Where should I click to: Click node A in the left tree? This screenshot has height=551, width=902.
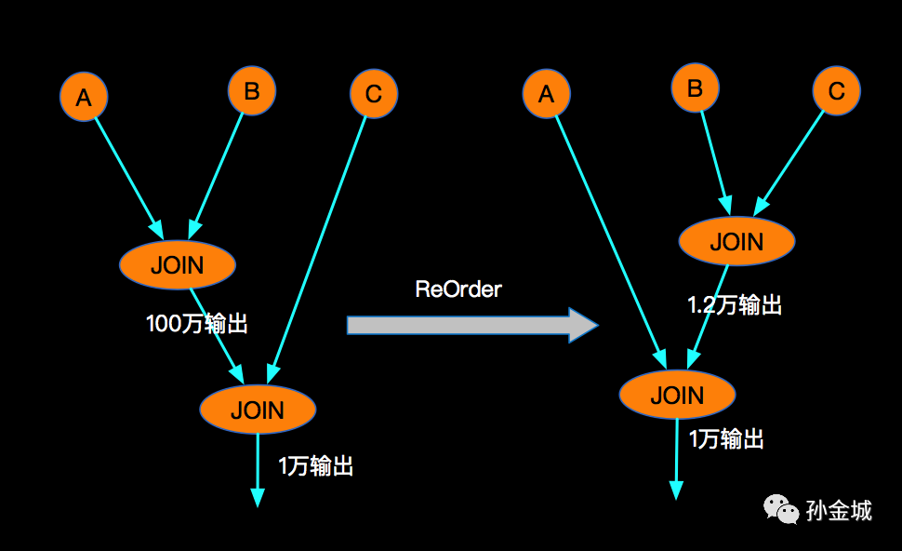click(x=84, y=97)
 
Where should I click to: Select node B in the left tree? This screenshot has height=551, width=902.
click(x=252, y=91)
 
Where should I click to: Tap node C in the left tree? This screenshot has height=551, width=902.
click(x=374, y=93)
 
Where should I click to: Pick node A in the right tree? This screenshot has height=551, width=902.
click(x=547, y=93)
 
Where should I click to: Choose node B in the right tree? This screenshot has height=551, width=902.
click(x=695, y=87)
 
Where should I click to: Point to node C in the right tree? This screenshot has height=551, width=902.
click(x=836, y=90)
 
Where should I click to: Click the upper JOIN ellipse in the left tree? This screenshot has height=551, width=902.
click(x=178, y=265)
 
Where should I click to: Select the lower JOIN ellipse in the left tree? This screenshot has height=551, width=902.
click(x=258, y=410)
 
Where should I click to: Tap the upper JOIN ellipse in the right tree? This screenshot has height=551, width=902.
click(x=736, y=241)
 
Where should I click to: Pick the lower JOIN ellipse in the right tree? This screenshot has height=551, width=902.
click(x=677, y=395)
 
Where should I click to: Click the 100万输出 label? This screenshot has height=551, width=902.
click(x=197, y=324)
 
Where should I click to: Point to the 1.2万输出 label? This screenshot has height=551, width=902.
click(x=735, y=304)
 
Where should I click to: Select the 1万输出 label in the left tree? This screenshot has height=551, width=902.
click(x=316, y=465)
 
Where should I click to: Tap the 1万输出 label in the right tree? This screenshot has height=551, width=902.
click(x=726, y=438)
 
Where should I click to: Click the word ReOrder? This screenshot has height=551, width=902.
click(x=458, y=289)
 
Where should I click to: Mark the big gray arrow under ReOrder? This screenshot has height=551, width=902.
click(x=472, y=326)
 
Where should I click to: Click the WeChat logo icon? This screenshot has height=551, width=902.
click(x=780, y=509)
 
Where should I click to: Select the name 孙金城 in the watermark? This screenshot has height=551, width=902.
click(x=839, y=511)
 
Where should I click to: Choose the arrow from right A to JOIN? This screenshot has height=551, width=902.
click(x=611, y=242)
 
